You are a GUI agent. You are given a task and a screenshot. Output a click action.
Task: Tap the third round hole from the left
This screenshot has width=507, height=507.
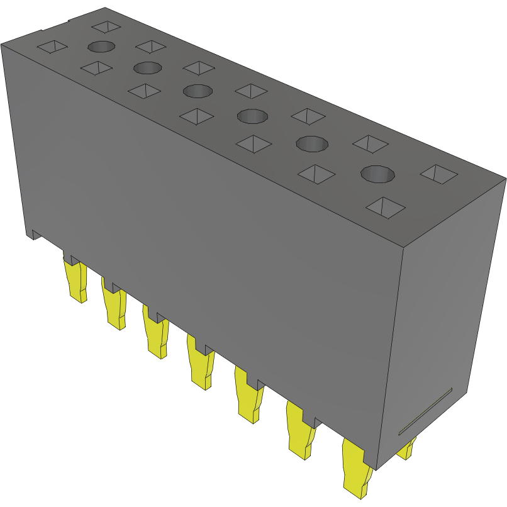pyautogui.click(x=198, y=91)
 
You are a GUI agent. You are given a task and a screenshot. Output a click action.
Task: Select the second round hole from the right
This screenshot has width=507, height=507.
pyautogui.click(x=313, y=143)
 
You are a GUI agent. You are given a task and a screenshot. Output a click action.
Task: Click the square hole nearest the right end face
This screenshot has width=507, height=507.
pyautogui.click(x=438, y=173)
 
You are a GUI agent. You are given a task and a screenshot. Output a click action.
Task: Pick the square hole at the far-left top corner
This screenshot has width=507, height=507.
pyautogui.click(x=53, y=47)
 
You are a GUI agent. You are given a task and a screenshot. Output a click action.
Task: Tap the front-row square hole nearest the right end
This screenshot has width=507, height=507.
pyautogui.click(x=385, y=206)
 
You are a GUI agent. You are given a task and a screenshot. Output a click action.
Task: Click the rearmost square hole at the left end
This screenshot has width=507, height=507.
pyautogui.click(x=106, y=26)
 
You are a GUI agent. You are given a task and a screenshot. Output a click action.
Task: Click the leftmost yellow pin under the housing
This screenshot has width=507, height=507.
pyautogui.click(x=75, y=281)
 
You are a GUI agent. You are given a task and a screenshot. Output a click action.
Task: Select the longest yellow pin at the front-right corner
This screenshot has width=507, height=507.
pyautogui.click(x=357, y=465)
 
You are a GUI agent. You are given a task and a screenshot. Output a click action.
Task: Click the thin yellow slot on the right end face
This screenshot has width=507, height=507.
pyautogui.click(x=425, y=412)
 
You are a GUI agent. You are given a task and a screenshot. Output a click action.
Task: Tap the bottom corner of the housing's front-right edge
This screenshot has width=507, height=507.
pyautogui.click(x=377, y=469)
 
